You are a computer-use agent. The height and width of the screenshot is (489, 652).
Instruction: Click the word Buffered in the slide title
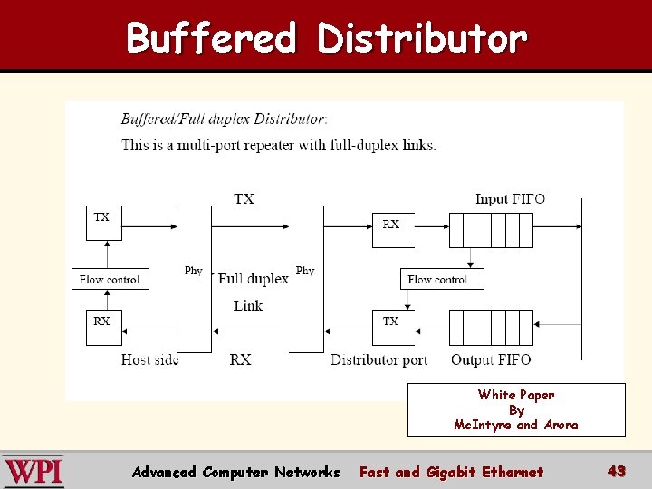click(211, 39)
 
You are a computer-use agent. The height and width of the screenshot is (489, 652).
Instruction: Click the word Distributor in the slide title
click(422, 39)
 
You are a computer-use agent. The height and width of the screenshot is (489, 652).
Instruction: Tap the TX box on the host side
click(103, 223)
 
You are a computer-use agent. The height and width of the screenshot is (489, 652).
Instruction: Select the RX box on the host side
click(103, 327)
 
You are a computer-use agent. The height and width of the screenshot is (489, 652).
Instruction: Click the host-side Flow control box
click(110, 279)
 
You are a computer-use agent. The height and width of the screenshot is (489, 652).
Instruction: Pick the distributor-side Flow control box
click(441, 279)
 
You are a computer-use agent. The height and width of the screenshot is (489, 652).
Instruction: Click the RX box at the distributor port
click(392, 230)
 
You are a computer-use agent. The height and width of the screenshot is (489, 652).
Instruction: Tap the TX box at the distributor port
click(392, 327)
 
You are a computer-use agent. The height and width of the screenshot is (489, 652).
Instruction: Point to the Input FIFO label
click(510, 199)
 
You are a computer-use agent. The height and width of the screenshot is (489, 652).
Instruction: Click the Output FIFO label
click(491, 360)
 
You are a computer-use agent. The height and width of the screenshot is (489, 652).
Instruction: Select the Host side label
click(150, 360)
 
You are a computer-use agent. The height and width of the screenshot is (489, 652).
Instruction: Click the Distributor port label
click(379, 360)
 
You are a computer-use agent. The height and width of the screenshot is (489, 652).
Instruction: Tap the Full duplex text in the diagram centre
click(254, 279)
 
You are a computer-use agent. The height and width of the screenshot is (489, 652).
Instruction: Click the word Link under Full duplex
click(248, 305)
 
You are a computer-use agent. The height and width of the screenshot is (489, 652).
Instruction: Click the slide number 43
click(617, 471)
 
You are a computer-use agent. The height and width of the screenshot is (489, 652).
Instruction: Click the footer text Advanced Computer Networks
click(235, 472)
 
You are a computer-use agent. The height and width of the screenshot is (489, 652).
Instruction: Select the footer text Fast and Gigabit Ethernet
click(451, 472)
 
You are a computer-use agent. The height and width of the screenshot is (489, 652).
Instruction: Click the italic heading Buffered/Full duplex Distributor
click(224, 119)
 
